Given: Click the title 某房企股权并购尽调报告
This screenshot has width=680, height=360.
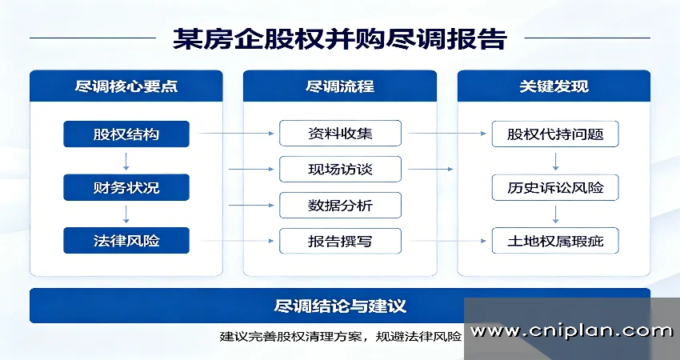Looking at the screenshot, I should [x=339, y=38].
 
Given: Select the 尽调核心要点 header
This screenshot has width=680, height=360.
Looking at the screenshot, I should [x=126, y=86].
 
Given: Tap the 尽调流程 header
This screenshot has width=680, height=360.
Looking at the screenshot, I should [x=340, y=86].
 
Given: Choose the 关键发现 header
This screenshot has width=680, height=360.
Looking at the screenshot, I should [x=554, y=86].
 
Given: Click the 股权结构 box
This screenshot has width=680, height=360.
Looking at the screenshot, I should [x=126, y=134].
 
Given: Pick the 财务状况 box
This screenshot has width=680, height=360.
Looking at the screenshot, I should [x=126, y=188].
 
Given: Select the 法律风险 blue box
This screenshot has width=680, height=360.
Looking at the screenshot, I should [x=126, y=240].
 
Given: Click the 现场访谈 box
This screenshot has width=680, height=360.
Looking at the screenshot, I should [x=340, y=170].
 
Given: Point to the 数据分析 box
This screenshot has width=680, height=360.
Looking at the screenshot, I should [x=340, y=206].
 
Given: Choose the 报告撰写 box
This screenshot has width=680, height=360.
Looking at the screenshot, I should [x=340, y=241].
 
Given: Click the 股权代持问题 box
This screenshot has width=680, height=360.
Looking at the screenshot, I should [x=555, y=134].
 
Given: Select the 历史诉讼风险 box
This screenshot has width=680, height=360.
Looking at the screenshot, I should [x=555, y=189].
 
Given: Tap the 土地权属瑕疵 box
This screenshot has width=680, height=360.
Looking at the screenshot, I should [x=555, y=241].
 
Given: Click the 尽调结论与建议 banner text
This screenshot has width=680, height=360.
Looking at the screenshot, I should [x=340, y=306].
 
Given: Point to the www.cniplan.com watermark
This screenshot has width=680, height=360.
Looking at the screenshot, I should [x=571, y=330].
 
